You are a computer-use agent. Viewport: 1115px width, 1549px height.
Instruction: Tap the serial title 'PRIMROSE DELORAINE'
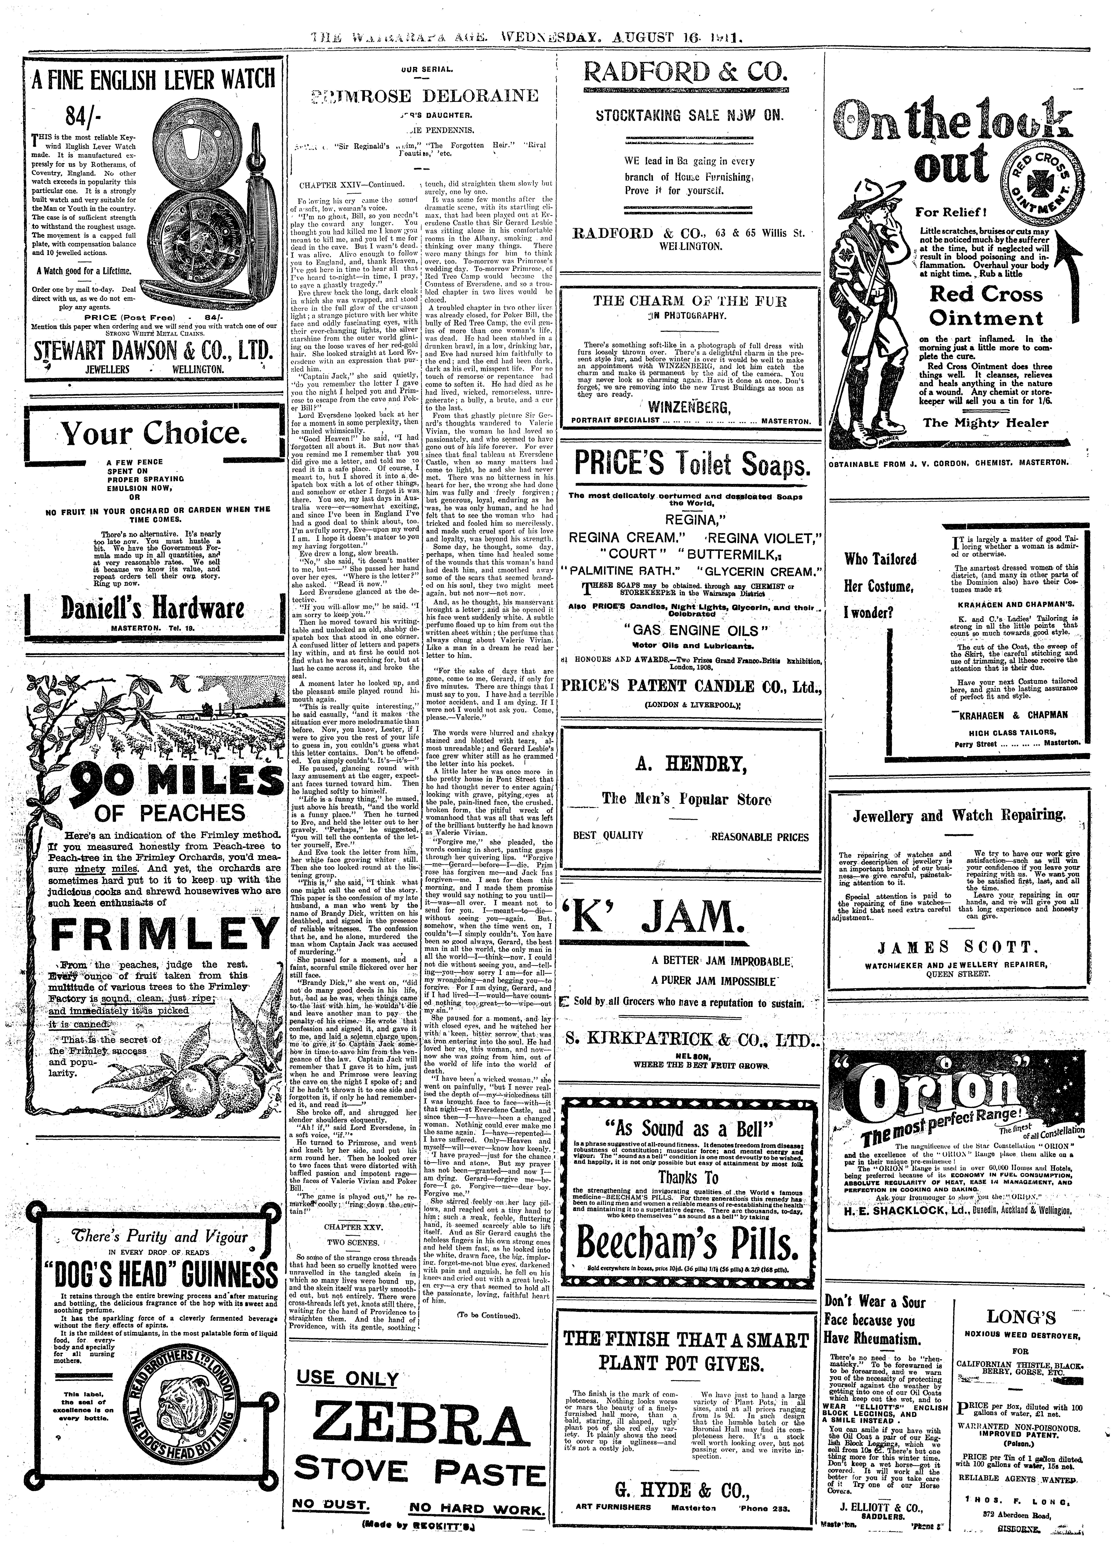pos(423,95)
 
